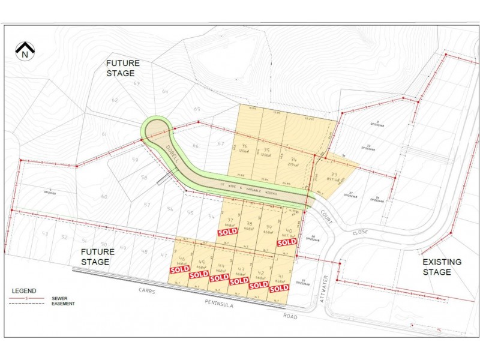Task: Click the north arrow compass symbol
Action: [25, 51]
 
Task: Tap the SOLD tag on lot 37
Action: [227, 232]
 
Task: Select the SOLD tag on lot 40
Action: [287, 242]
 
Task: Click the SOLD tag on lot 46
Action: [179, 269]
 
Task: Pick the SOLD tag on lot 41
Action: [278, 289]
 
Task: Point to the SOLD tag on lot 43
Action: [239, 281]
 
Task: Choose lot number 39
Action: [268, 226]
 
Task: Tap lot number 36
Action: [244, 146]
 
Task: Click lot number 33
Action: [334, 175]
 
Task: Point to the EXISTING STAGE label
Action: [442, 267]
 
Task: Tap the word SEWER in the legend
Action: [59, 298]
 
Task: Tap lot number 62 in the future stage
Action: [115, 100]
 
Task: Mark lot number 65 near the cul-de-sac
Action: [197, 109]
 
